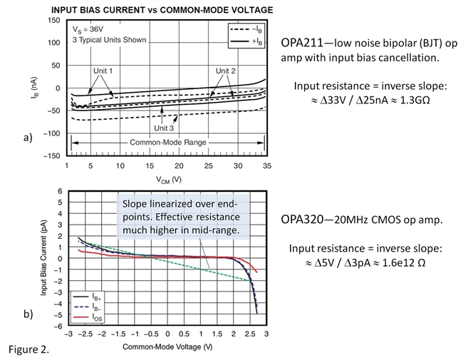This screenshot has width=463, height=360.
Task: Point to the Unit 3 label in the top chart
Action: click(165, 128)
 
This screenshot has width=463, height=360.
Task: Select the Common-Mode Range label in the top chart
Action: click(168, 143)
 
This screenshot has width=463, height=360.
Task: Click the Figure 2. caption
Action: click(29, 351)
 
